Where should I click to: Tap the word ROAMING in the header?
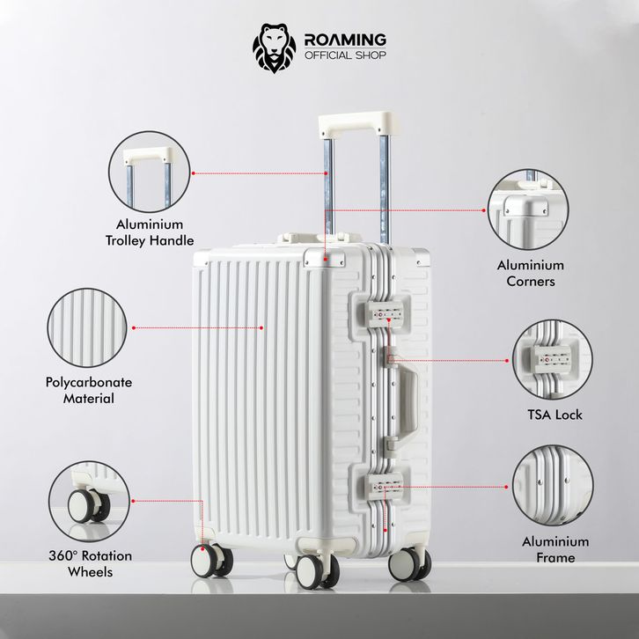tap(345, 40)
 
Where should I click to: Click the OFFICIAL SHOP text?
tap(345, 55)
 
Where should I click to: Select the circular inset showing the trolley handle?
tap(150, 172)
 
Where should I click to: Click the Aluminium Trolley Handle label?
tap(150, 232)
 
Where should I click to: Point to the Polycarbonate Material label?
tap(88, 390)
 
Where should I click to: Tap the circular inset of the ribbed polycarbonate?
tap(87, 327)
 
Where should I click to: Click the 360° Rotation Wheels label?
tap(90, 563)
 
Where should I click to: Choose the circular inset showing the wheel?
tap(89, 502)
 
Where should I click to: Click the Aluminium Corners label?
tap(531, 273)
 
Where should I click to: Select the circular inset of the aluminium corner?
tap(528, 209)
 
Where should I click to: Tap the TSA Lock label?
tap(555, 415)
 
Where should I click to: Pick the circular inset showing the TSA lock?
tap(552, 359)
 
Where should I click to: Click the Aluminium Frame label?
tap(555, 549)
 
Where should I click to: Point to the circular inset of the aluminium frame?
tap(552, 486)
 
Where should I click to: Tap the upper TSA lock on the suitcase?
tap(385, 314)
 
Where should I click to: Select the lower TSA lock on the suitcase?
tap(384, 486)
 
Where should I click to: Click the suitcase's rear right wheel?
tap(409, 564)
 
